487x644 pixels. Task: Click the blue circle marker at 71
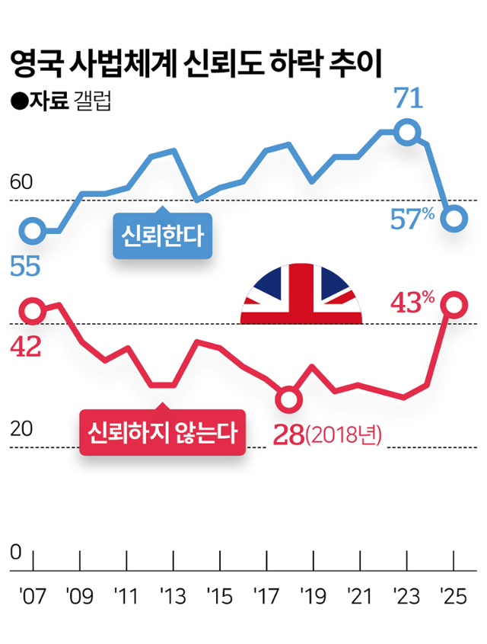(408, 132)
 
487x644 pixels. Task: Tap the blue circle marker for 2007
(33, 229)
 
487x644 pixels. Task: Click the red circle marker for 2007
(33, 310)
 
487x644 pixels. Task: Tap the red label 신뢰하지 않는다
(162, 433)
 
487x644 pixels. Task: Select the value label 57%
(412, 219)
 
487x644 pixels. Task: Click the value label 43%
(412, 303)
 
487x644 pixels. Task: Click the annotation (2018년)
(342, 436)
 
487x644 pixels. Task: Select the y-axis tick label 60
(21, 182)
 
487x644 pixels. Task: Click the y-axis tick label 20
(21, 429)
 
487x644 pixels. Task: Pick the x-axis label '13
(173, 593)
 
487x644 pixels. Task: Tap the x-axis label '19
(314, 593)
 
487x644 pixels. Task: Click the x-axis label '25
(454, 593)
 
